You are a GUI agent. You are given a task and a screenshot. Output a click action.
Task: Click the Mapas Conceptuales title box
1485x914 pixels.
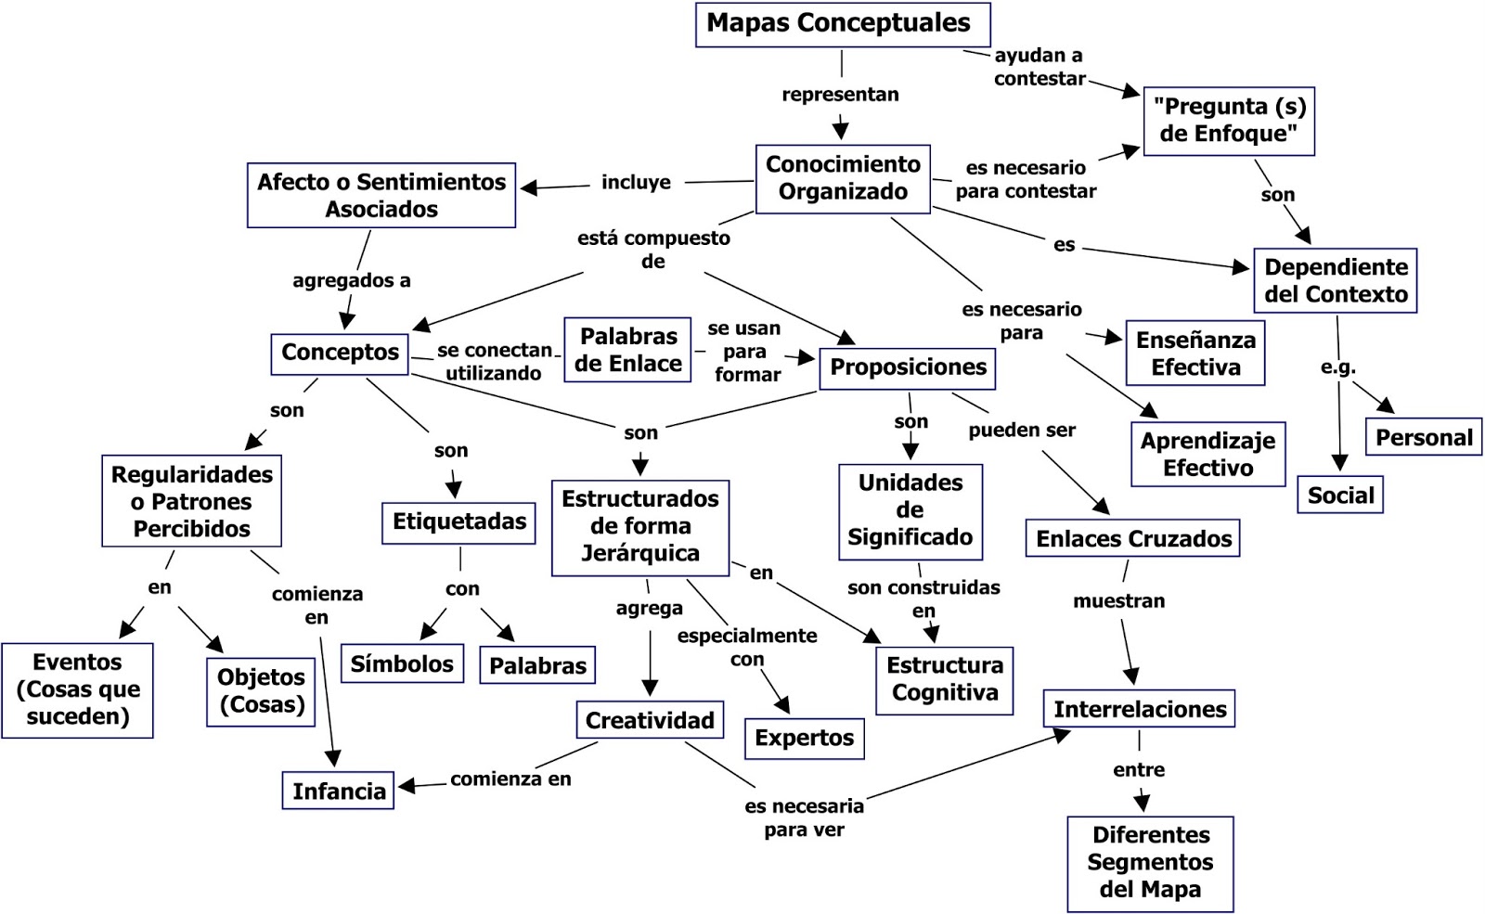842,24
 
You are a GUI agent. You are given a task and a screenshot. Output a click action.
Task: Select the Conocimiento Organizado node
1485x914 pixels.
842,178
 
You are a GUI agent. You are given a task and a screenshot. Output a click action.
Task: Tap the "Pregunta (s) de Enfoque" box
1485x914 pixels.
1228,121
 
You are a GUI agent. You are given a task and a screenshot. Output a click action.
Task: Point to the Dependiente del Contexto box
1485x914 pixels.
1335,280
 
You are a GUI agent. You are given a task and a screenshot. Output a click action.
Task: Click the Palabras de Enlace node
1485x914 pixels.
627,350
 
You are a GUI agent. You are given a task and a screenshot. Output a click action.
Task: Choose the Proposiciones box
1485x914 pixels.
907,367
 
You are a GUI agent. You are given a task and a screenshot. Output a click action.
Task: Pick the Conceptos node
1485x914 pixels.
340,353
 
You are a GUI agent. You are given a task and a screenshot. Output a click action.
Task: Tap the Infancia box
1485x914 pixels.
338,791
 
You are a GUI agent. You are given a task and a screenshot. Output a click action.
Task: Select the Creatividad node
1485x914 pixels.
649,720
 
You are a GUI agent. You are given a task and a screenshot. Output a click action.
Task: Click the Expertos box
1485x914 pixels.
804,739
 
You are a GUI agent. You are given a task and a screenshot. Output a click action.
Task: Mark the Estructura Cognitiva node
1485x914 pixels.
944,679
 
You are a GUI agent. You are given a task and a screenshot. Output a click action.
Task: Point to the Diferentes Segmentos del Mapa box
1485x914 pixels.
1150,862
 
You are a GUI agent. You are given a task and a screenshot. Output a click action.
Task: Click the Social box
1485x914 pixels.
1339,496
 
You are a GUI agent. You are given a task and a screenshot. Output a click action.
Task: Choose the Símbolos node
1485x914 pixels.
401,664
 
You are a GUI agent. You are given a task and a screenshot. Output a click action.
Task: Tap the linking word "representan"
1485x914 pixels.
840,95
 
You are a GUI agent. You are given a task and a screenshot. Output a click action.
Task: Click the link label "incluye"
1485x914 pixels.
636,183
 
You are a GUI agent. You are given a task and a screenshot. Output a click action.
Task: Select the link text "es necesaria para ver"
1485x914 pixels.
804,817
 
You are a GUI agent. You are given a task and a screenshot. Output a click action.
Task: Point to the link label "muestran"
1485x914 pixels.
1118,601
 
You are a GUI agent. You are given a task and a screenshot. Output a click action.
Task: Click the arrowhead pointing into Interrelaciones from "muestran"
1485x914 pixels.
1131,676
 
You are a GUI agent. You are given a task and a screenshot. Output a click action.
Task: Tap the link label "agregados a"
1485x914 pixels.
351,280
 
